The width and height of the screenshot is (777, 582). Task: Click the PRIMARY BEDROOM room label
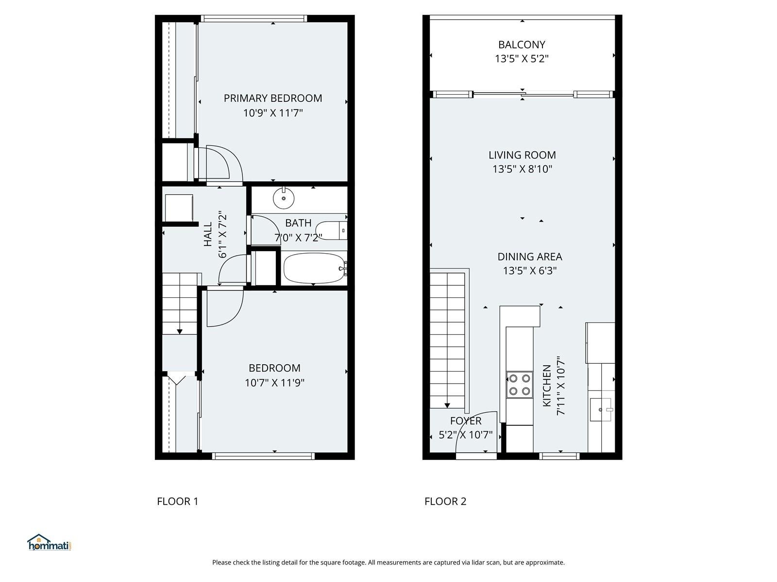click(x=272, y=98)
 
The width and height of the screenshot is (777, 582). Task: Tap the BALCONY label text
click(x=522, y=45)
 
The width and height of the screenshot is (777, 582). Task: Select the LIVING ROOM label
click(x=522, y=155)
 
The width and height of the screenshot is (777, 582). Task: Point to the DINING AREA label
click(x=529, y=257)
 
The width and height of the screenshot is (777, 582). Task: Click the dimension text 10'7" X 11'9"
click(x=274, y=382)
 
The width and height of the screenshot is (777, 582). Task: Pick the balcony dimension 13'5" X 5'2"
click(x=522, y=58)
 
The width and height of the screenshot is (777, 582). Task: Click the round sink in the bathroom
click(x=284, y=198)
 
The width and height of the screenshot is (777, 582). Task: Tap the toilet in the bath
click(x=331, y=230)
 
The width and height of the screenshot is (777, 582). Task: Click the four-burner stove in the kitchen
click(x=519, y=385)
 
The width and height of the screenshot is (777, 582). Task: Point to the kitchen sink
click(x=601, y=409)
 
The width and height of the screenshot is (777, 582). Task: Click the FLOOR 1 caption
click(x=177, y=501)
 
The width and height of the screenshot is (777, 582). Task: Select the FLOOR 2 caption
click(x=445, y=501)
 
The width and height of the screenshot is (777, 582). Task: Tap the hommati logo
click(x=49, y=542)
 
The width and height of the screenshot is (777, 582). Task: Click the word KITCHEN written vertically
click(x=546, y=386)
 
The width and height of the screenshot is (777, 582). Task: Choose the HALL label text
click(x=208, y=234)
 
